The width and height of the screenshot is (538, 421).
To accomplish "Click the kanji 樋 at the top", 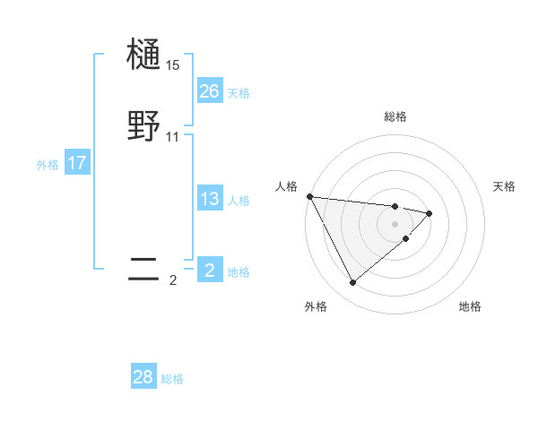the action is point(143,56).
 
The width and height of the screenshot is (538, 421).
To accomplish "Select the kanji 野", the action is point(143,126).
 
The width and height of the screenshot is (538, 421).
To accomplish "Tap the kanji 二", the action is point(143,269).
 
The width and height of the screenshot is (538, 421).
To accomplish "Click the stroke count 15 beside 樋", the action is point(173,65).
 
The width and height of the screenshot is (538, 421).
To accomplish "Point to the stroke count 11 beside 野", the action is point(173,137).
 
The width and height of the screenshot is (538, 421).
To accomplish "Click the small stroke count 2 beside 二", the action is point(173,280).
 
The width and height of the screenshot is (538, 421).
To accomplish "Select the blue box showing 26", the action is point(210,91).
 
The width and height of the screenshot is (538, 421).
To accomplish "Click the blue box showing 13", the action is point(210,199).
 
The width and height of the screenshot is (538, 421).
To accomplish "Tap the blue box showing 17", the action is point(77,163).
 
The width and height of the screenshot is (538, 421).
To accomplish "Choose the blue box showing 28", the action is point(143,377).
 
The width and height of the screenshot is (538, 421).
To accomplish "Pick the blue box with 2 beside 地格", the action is point(210,271).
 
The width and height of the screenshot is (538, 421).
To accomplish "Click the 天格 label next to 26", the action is point(239,93).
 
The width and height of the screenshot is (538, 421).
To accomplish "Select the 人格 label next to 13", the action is point(239,201).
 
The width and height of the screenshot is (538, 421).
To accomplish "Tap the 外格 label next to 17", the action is point(48,165).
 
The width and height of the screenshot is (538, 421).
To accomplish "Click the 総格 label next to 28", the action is point(172,379).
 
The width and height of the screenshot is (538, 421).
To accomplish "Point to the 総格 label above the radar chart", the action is point(395,116).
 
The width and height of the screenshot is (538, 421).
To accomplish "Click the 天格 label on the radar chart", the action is point(505,186).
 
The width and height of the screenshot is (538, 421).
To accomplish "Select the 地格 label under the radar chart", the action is point(470,306).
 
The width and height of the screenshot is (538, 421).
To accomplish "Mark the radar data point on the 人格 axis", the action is point(309,196).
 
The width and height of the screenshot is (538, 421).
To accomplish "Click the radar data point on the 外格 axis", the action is point(352,283).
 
